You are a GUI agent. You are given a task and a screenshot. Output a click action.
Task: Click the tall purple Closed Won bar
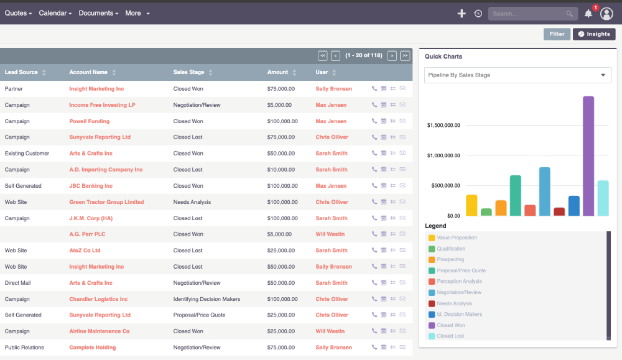click(588, 156)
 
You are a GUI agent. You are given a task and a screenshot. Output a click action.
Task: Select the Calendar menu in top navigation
click(55, 13)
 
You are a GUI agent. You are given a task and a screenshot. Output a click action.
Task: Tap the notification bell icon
click(588, 14)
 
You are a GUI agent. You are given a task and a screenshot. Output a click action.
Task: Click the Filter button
click(557, 34)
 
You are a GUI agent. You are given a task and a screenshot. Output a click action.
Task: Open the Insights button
click(594, 34)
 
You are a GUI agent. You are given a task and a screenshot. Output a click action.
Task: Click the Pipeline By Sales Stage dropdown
click(518, 75)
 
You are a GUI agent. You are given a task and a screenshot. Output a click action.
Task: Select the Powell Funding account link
click(89, 121)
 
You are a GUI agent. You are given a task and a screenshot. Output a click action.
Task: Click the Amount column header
click(278, 72)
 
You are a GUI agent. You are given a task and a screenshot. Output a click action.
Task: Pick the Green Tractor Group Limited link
click(106, 202)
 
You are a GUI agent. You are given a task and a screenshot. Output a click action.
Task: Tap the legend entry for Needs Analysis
click(454, 303)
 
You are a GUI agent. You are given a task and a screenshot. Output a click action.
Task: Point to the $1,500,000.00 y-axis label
click(443, 126)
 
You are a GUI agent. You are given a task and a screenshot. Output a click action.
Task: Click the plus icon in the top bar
click(462, 14)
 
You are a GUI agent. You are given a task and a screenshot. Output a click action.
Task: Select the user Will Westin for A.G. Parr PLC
click(330, 234)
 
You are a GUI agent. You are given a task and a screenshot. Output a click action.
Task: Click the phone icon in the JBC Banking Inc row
click(374, 186)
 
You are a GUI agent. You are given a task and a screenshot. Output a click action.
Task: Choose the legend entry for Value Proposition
click(457, 238)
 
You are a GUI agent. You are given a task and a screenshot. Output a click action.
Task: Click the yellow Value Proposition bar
click(471, 205)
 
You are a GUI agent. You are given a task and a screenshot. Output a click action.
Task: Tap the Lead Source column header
click(21, 72)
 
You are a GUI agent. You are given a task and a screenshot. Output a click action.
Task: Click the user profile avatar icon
click(606, 14)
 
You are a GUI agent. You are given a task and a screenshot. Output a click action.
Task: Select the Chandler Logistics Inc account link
click(98, 299)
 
